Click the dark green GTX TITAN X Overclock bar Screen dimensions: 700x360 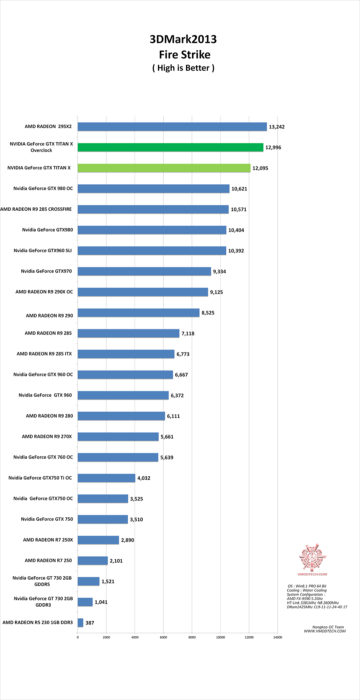(170, 147)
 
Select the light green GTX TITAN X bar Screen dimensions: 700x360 (164, 168)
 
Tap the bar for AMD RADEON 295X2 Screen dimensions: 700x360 (172, 127)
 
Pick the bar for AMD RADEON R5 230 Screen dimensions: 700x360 (80, 623)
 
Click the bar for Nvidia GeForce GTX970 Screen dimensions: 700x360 (144, 271)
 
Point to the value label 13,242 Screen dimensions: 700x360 (277, 127)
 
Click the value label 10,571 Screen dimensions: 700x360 (239, 209)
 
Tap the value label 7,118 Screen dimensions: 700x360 (188, 333)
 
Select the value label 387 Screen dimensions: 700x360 (90, 623)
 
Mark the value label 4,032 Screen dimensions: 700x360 (144, 478)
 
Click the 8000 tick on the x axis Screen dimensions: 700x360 (192, 637)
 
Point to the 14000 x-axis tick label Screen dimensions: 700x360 (278, 637)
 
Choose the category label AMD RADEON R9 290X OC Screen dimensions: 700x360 (44, 292)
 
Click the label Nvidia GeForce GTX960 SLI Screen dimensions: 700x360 (43, 250)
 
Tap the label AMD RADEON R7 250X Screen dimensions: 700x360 (48, 540)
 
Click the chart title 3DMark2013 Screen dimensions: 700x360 (183, 39)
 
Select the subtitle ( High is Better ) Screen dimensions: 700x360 (183, 68)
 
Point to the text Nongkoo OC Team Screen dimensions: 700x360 (328, 627)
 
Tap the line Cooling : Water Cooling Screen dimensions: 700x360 (307, 590)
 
